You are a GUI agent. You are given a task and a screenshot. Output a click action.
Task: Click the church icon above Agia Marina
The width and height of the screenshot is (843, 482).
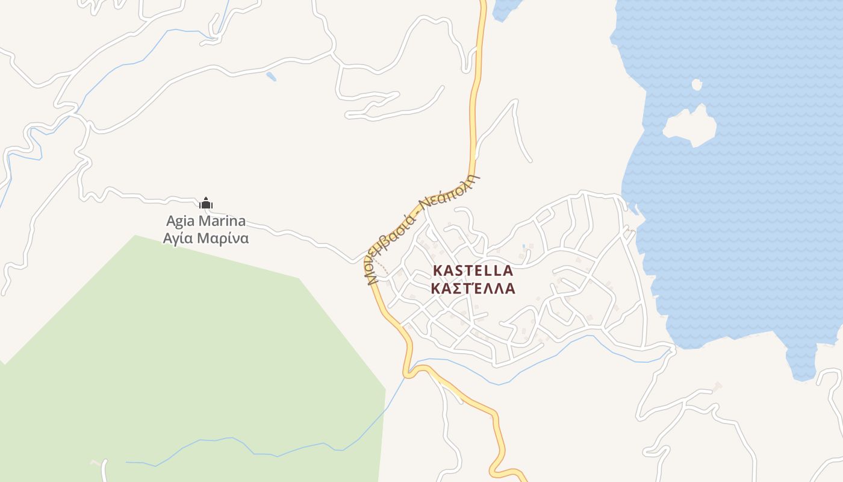click(206, 203)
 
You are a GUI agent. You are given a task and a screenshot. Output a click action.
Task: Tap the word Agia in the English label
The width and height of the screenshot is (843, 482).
click(181, 221)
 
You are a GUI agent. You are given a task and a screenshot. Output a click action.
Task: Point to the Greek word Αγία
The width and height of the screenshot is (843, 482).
click(178, 238)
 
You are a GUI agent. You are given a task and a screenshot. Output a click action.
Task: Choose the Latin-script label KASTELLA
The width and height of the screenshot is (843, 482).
click(473, 271)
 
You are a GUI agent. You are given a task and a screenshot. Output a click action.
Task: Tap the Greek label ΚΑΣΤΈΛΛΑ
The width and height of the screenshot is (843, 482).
click(473, 288)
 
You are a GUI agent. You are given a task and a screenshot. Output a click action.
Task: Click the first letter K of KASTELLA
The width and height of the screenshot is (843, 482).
click(438, 271)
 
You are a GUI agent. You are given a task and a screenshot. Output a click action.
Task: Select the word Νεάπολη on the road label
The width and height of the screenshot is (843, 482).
click(450, 190)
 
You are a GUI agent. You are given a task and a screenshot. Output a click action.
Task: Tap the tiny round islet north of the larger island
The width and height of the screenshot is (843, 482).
click(697, 85)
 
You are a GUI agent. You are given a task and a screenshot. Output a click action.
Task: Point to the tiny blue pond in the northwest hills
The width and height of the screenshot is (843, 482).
click(271, 77)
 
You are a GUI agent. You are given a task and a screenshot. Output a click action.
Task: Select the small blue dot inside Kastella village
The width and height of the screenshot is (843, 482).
click(524, 246)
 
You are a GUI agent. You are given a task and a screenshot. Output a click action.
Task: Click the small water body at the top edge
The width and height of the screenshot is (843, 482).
click(505, 8)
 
